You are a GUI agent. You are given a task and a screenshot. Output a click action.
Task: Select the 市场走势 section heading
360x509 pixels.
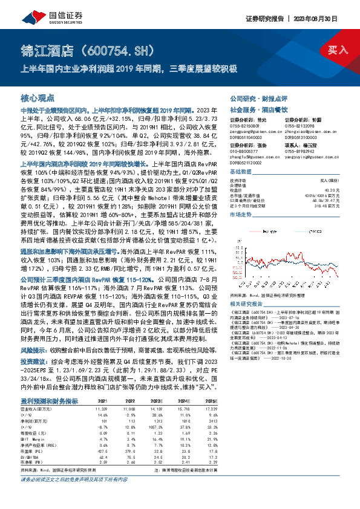point(242,215)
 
